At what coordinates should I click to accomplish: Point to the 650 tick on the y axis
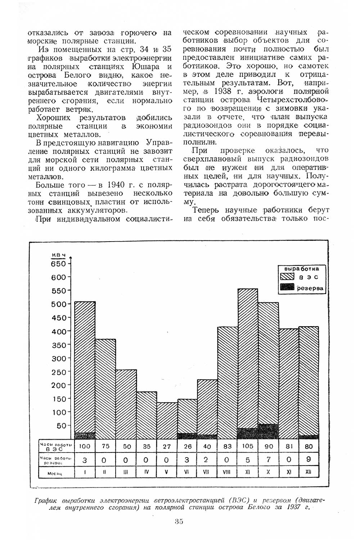[x=59, y=264]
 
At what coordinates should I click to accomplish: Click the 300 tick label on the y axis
[x=59, y=358]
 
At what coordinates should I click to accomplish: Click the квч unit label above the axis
[x=58, y=255]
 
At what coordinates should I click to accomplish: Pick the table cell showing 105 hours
[x=247, y=446]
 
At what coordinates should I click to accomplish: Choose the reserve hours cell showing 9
[x=309, y=459]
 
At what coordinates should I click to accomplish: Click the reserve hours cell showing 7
[x=269, y=459]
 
